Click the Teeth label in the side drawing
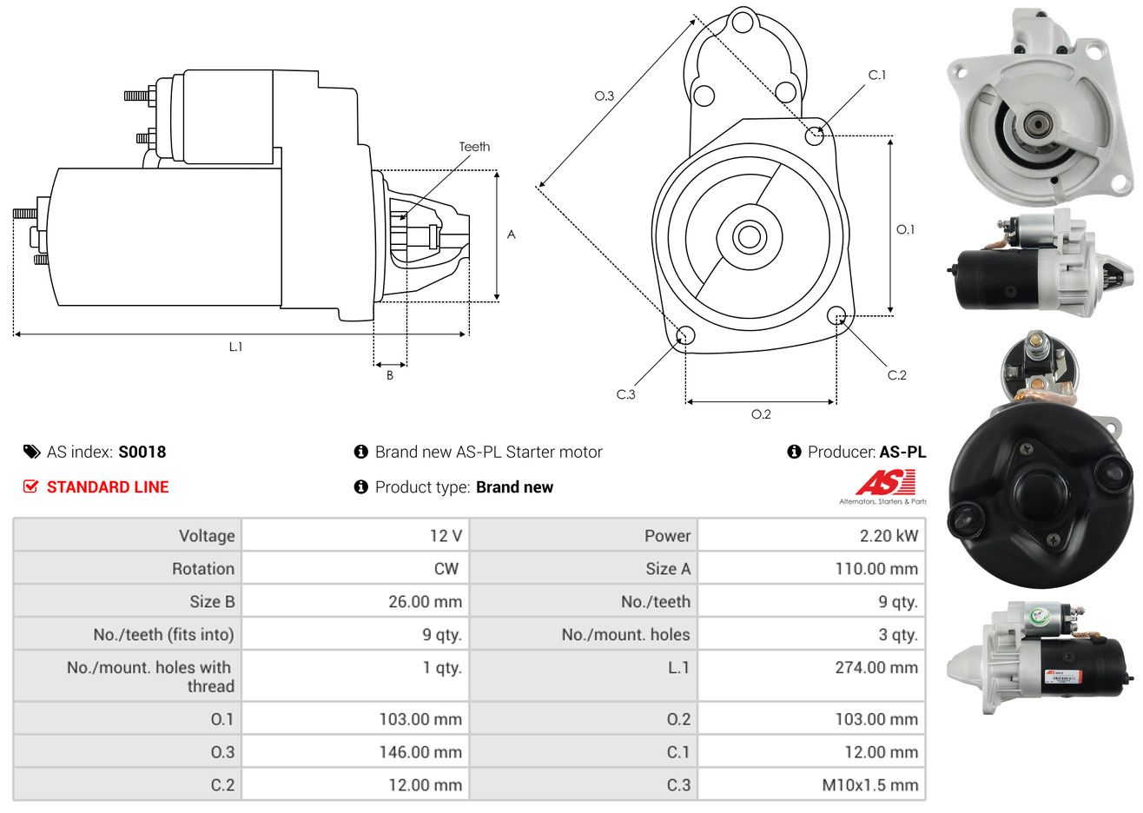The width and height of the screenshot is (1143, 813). click(474, 147)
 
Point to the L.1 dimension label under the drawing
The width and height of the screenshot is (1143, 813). click(235, 347)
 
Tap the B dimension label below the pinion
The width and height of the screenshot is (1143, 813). click(390, 375)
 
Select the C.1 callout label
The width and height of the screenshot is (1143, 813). click(876, 75)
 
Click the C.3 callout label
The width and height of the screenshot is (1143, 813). click(625, 394)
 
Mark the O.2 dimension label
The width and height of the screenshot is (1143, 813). click(761, 414)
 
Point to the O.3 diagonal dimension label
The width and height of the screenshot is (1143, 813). click(605, 96)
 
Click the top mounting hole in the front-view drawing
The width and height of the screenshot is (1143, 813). click(743, 23)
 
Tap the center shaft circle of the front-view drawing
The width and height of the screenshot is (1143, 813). click(749, 237)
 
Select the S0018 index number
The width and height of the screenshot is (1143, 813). click(142, 452)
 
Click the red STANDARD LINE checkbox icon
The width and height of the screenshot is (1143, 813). click(30, 486)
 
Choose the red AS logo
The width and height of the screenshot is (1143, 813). click(885, 482)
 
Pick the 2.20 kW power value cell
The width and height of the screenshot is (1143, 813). click(811, 535)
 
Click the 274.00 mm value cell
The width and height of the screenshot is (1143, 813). click(811, 676)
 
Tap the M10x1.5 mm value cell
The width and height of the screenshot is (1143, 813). click(811, 784)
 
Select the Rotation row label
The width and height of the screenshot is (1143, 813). click(203, 569)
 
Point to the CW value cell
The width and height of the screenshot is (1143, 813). click(355, 569)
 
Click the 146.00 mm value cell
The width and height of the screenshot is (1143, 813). click(355, 751)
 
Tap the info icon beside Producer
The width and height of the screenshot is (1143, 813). click(794, 451)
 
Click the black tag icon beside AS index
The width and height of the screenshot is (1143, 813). click(31, 452)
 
